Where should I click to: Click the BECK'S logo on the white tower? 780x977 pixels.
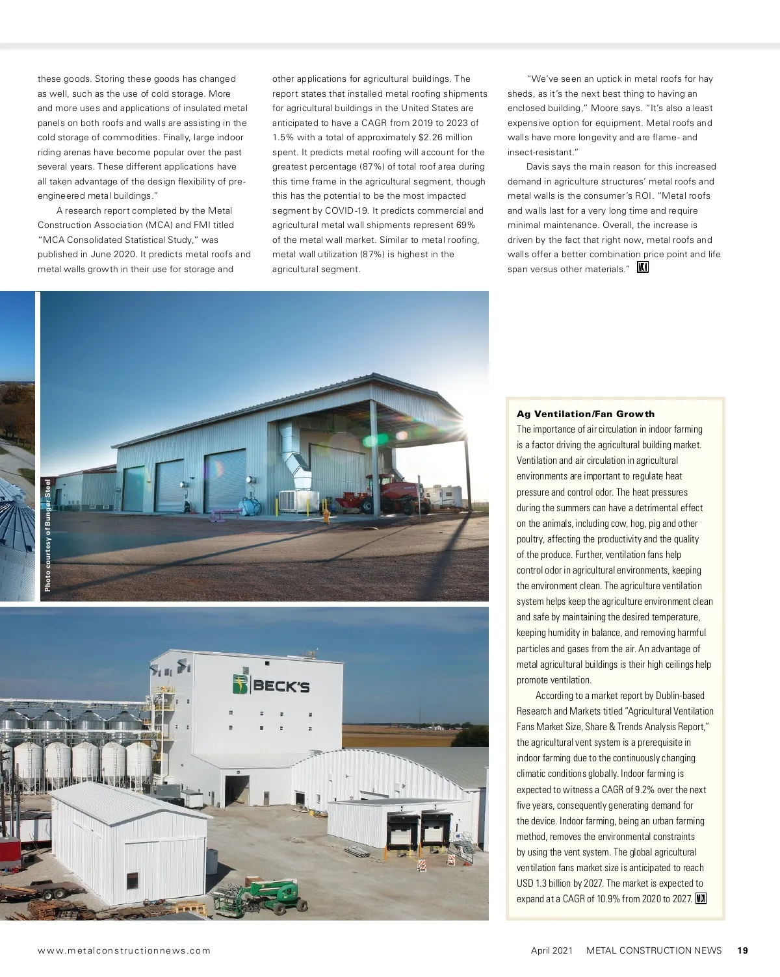click(271, 685)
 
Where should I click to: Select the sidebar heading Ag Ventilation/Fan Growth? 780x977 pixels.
click(586, 414)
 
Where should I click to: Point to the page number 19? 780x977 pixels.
click(743, 950)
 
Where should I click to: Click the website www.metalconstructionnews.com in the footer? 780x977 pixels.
click(124, 950)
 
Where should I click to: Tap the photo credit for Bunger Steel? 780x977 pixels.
click(47, 535)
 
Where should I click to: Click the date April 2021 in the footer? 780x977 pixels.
click(552, 950)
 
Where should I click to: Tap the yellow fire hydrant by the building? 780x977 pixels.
click(326, 515)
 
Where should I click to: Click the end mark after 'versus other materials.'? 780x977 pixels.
click(643, 268)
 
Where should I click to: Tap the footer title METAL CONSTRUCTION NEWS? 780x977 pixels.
click(654, 950)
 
